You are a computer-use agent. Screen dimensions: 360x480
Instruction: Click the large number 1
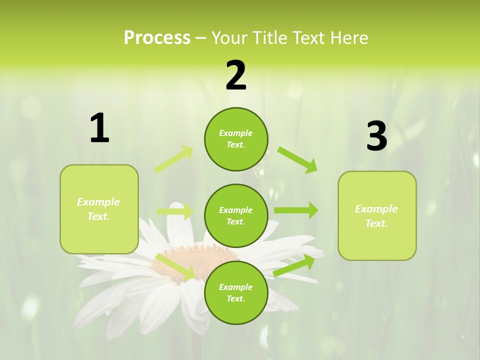99,128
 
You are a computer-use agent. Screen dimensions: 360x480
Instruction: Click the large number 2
235,75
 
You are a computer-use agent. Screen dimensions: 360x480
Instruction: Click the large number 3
376,136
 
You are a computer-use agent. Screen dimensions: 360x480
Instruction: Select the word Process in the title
157,37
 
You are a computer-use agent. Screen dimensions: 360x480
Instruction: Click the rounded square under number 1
99,209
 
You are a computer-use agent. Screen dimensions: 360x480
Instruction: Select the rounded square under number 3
377,216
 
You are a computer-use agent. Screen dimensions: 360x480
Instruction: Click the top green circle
236,139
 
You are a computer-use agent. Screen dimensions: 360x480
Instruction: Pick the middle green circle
236,216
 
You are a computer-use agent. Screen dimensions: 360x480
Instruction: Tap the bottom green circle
236,293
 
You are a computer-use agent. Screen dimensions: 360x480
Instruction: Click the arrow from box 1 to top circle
174,159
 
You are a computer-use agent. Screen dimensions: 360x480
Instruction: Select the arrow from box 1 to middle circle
175,211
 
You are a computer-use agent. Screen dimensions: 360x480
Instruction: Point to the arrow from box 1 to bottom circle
176,266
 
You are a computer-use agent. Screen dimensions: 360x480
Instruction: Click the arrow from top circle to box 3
297,159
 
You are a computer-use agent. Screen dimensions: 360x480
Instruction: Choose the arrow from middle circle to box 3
296,210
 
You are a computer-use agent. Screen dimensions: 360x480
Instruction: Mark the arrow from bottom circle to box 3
294,265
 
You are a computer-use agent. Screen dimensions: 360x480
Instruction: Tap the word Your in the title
228,37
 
